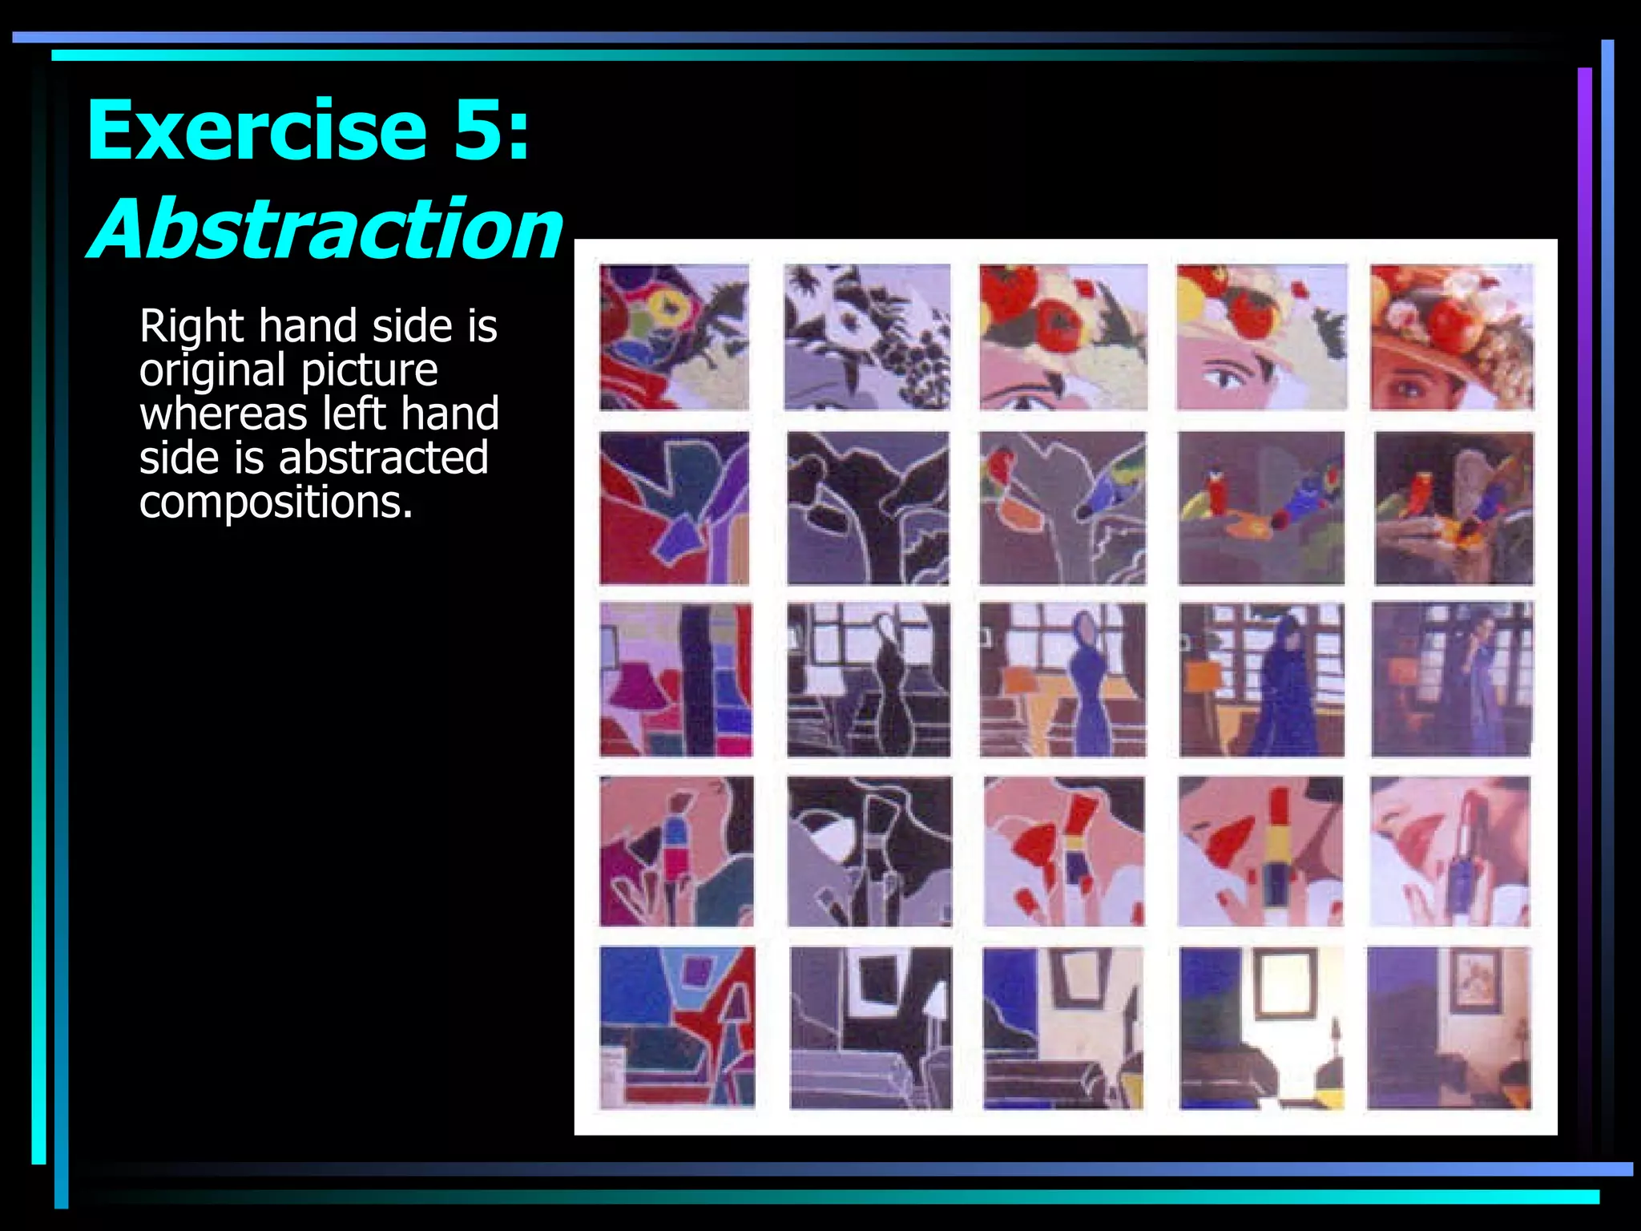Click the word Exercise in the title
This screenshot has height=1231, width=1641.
point(256,130)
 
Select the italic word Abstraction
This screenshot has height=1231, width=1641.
point(327,229)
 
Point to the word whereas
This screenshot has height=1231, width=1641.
point(224,414)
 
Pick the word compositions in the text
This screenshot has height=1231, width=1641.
point(276,502)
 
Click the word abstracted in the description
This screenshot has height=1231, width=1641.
point(383,458)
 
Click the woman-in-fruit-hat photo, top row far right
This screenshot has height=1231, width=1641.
point(1451,337)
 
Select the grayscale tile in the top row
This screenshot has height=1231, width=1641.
point(867,337)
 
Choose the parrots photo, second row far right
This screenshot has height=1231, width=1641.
point(1454,508)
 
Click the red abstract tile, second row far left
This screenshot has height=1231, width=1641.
point(675,508)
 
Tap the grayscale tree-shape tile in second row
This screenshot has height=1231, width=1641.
point(868,508)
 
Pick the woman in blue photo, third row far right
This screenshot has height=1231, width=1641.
point(1451,680)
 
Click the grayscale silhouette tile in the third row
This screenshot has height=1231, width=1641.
point(869,680)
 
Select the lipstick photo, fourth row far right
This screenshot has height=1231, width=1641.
point(1449,851)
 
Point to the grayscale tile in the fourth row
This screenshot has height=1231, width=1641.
point(869,851)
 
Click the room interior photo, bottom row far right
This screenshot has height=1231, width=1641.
point(1449,1027)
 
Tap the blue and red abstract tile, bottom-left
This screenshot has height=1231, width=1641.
point(677,1027)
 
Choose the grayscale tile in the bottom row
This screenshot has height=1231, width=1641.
point(871,1027)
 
